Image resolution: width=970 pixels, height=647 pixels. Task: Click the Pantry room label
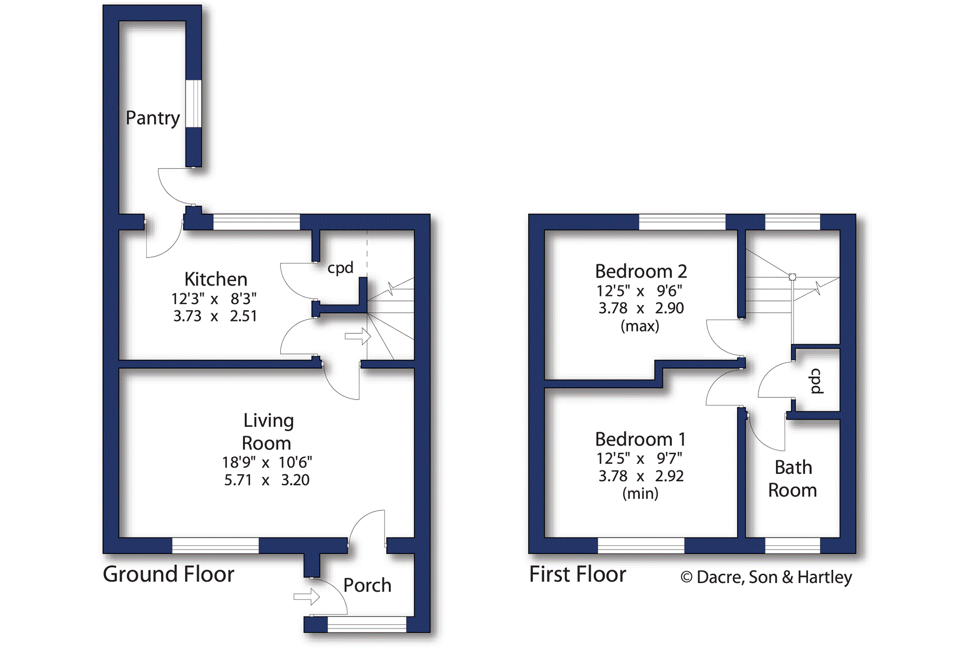tap(153, 118)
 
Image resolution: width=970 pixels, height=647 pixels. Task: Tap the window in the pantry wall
tap(193, 104)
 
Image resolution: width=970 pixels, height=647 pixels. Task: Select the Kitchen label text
tap(216, 279)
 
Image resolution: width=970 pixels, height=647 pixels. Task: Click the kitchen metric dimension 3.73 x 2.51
tap(215, 316)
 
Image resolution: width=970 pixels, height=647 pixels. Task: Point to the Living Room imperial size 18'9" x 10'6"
tap(267, 463)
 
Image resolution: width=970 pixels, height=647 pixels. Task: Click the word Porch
tap(367, 585)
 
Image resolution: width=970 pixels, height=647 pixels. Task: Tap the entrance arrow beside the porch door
tap(307, 596)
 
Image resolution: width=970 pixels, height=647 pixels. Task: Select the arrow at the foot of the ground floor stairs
tap(358, 337)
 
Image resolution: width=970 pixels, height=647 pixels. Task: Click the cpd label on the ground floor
tap(340, 268)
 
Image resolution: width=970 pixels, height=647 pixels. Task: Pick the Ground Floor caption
tap(168, 574)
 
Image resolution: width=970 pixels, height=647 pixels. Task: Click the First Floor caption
tap(578, 574)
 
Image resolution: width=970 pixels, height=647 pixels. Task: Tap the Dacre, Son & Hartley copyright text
tap(766, 577)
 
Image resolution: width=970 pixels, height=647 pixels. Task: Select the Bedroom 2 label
tap(641, 271)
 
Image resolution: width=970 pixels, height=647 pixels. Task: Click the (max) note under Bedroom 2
tap(640, 326)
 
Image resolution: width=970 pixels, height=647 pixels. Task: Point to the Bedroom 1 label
tap(641, 439)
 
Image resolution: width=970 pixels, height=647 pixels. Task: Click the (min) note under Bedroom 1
tap(640, 494)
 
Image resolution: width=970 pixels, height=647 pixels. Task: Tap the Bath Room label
tap(793, 479)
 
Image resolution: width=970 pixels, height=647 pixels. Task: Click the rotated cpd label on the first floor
tap(816, 381)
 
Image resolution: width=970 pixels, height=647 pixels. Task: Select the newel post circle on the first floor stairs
tap(793, 277)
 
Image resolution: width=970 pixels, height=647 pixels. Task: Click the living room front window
tap(215, 546)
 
